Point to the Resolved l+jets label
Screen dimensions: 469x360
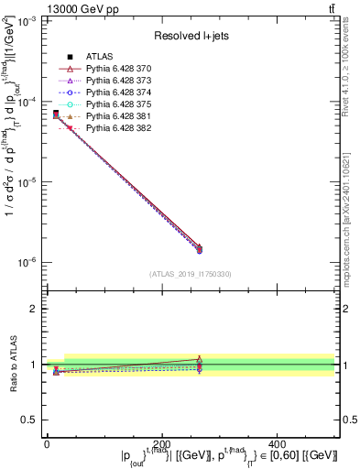(190, 36)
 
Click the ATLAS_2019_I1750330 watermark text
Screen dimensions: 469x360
(190, 274)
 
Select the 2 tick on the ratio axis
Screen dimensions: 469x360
(34, 309)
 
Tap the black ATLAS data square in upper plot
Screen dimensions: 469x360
(56, 114)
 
